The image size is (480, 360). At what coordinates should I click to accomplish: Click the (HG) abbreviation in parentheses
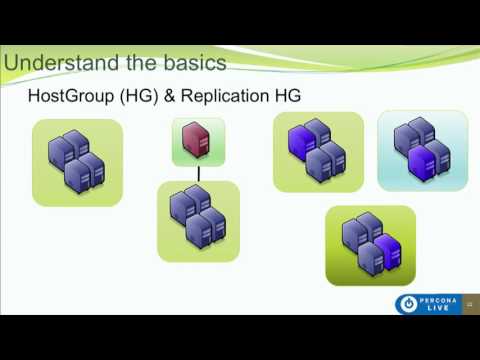pyautogui.click(x=143, y=98)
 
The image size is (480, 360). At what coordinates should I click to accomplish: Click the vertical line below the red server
pyautogui.click(x=198, y=174)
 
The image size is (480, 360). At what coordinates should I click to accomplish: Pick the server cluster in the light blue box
pyautogui.click(x=421, y=150)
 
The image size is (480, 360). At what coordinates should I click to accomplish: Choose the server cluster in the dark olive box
pyautogui.click(x=370, y=245)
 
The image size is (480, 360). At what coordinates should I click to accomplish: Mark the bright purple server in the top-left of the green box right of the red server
pyautogui.click(x=299, y=141)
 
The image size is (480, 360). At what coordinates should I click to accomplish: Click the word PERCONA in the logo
pyautogui.click(x=441, y=298)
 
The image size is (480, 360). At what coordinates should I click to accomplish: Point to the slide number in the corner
pyautogui.click(x=469, y=305)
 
